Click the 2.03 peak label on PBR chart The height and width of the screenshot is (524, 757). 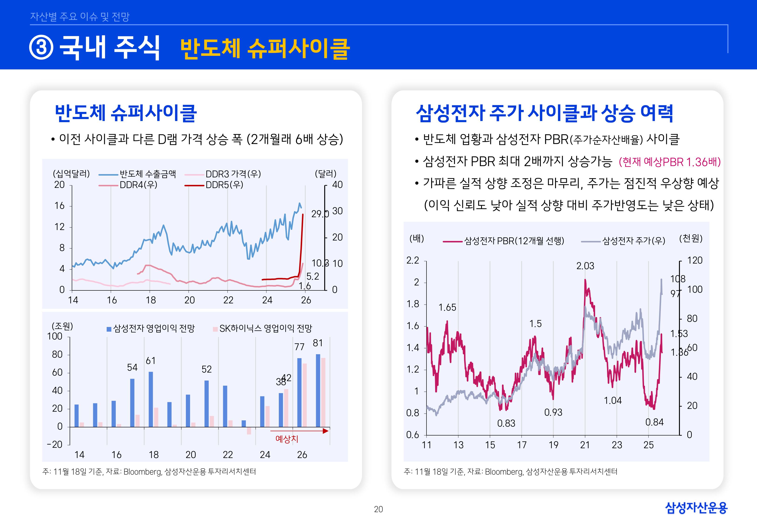(x=585, y=266)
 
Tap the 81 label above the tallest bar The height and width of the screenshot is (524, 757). (x=317, y=343)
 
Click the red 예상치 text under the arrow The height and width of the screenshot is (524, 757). (x=286, y=439)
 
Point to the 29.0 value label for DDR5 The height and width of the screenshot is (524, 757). (x=319, y=214)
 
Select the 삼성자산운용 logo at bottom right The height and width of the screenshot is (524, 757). (x=696, y=508)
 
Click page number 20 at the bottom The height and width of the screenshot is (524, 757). (x=378, y=509)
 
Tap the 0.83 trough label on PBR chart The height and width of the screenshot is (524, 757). (x=506, y=423)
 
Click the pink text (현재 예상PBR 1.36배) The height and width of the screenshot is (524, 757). (x=669, y=162)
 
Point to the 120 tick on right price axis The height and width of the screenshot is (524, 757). (x=695, y=260)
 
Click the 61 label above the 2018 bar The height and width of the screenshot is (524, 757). (x=151, y=361)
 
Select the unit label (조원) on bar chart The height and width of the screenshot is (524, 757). (x=62, y=326)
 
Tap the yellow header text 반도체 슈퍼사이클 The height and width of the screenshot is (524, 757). (x=265, y=49)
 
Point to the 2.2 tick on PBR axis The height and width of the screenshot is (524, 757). (x=413, y=260)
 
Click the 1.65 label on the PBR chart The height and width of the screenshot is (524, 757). (x=447, y=307)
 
